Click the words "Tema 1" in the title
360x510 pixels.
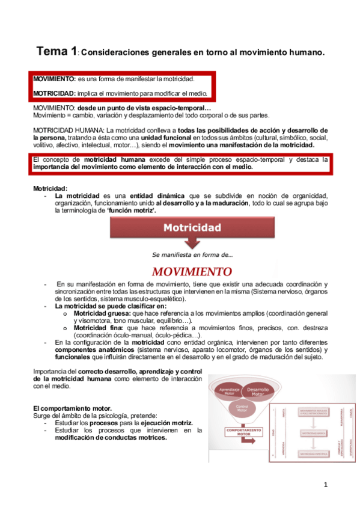[x=56, y=52]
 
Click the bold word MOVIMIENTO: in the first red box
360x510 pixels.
[x=54, y=79]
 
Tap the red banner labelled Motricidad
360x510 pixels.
[x=193, y=227]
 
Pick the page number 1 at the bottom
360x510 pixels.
[x=325, y=484]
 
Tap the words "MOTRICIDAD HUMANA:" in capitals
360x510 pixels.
[x=69, y=130]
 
